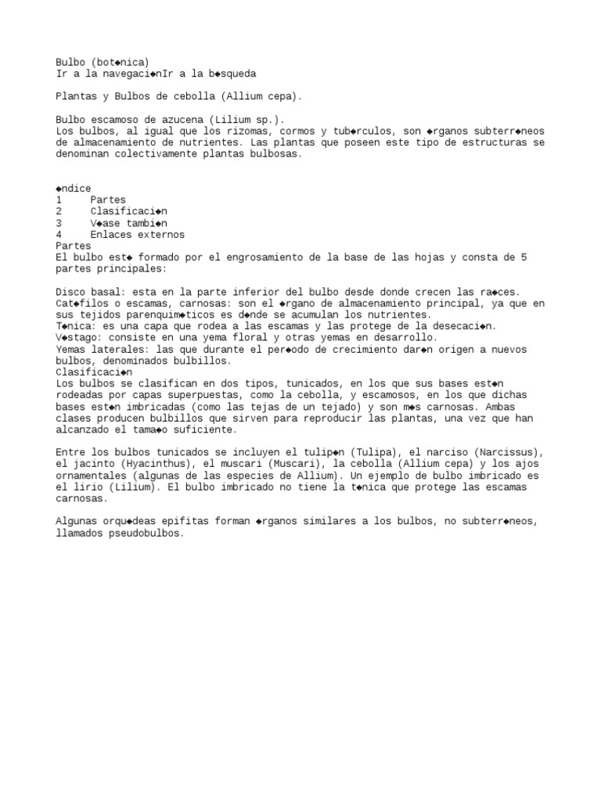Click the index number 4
pyautogui.click(x=59, y=235)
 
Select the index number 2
pyautogui.click(x=59, y=211)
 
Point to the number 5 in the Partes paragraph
pyautogui.click(x=524, y=257)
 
